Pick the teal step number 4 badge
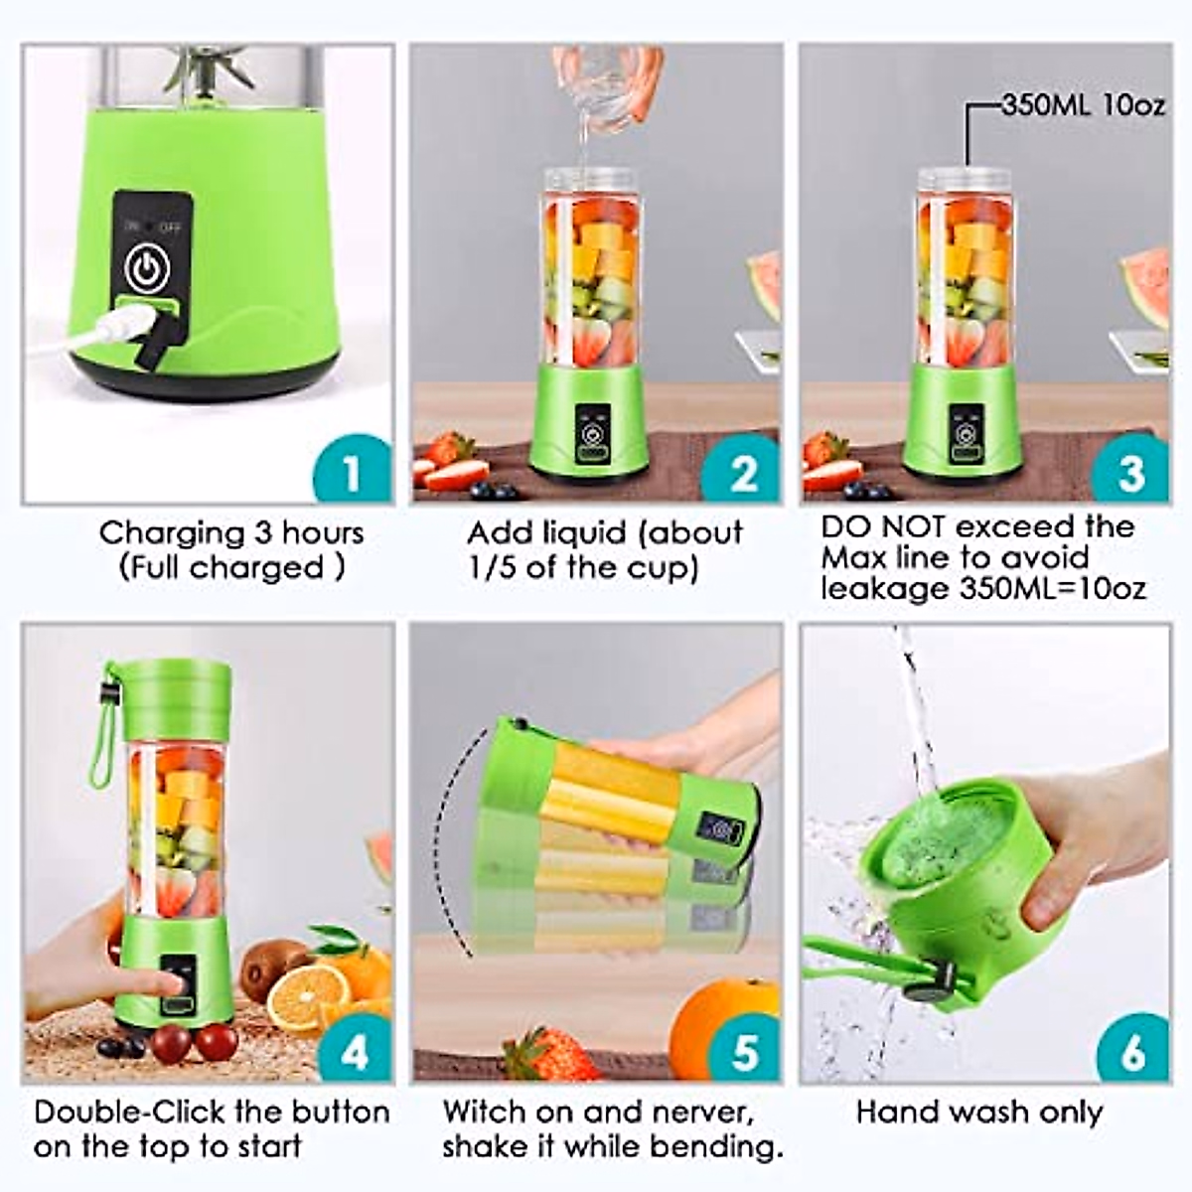coord(353,1051)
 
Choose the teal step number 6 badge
coord(1131,1051)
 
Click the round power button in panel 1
coord(147,267)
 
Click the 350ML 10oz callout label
coord(1083,105)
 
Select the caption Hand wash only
coord(979,1112)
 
